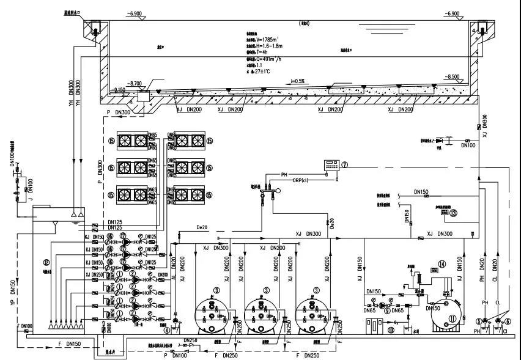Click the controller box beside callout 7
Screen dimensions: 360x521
(x=333, y=164)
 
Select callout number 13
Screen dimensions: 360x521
(x=453, y=213)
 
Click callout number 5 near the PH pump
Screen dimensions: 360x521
(x=479, y=321)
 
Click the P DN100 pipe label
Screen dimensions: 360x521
(x=177, y=355)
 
